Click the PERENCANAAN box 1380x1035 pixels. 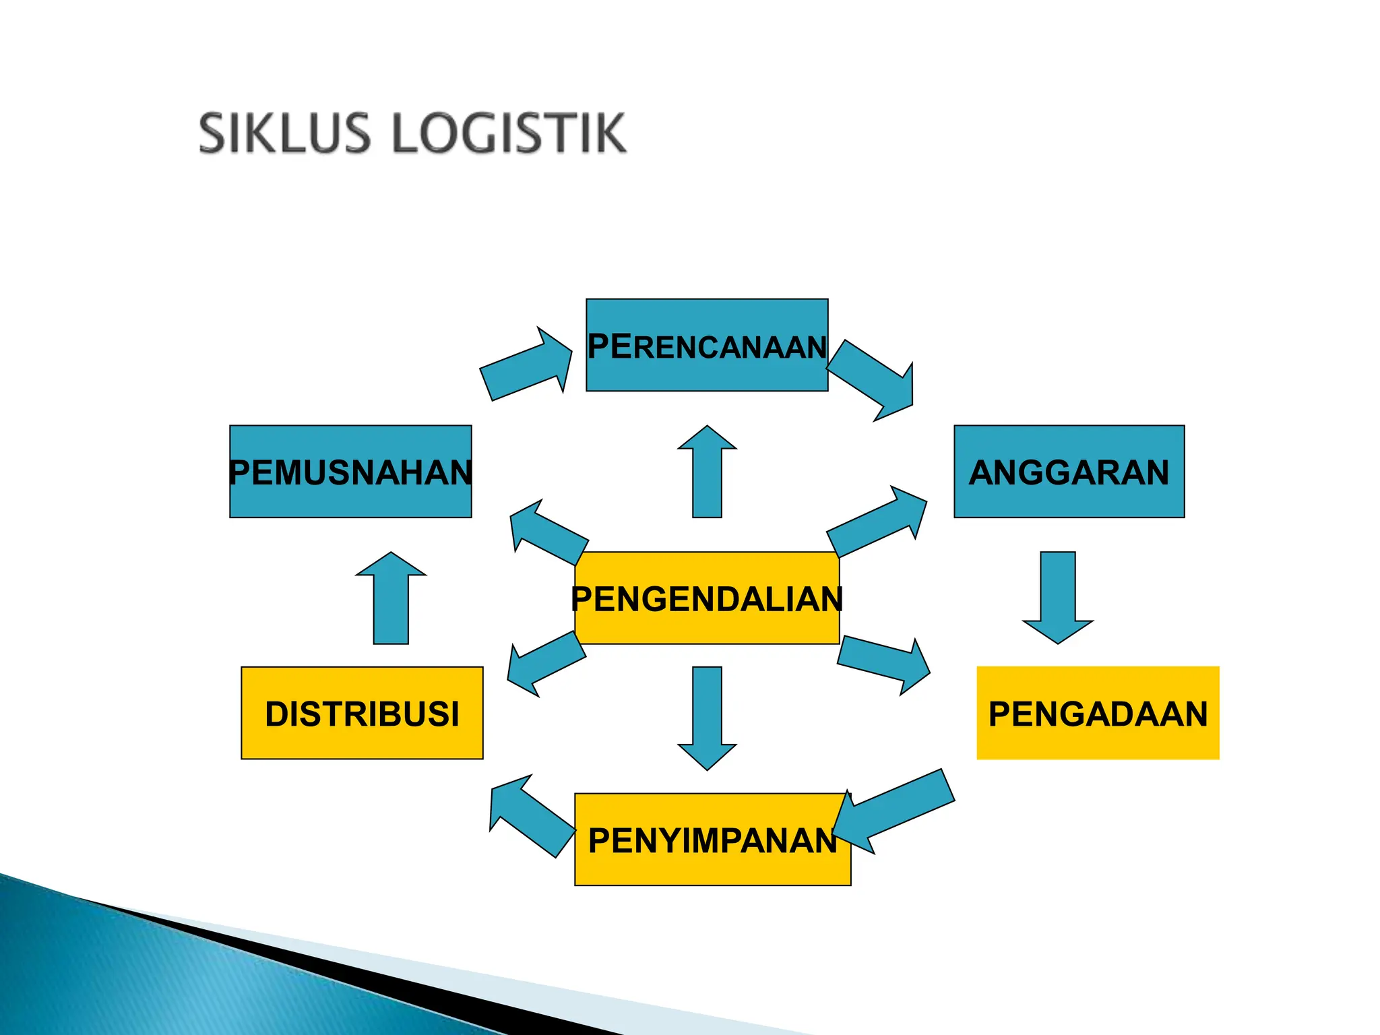point(707,345)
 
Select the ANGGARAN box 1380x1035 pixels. point(1069,471)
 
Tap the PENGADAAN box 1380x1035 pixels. point(1098,713)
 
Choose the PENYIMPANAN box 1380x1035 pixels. point(712,839)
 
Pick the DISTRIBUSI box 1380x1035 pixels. point(362,713)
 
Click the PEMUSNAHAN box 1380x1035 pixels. point(350,471)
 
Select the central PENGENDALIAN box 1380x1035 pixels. point(707,598)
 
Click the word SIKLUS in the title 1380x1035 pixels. point(285,133)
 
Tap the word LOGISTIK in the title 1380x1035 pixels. point(509,133)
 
